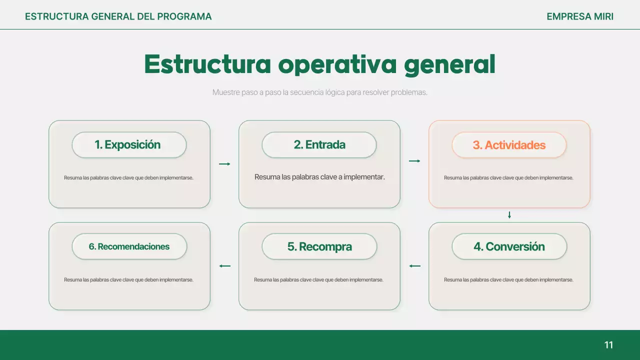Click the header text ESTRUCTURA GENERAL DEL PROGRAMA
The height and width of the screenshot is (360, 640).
[x=118, y=16]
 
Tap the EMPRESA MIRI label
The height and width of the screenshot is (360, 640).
[x=579, y=16]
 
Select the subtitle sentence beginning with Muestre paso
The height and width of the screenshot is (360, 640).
[x=320, y=92]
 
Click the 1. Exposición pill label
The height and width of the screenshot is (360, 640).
[x=129, y=145]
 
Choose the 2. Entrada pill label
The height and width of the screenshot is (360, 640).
[x=319, y=145]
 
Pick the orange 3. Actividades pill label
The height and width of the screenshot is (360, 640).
[x=509, y=145]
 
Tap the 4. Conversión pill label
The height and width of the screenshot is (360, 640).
[x=509, y=246]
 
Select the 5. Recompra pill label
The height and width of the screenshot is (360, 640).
[x=319, y=246]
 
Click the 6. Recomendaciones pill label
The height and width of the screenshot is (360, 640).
[x=129, y=246]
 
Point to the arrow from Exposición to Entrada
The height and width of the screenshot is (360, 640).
[x=224, y=164]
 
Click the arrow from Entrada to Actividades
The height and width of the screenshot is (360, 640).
[x=414, y=161]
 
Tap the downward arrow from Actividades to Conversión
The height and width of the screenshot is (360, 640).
[x=509, y=215]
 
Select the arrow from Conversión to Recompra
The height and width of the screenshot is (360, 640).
[x=414, y=266]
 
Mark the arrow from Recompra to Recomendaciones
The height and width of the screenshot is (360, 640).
[x=224, y=266]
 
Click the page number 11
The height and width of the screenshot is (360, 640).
[x=608, y=345]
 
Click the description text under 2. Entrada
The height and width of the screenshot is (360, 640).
[x=319, y=177]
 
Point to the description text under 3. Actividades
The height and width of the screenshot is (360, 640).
[x=508, y=178]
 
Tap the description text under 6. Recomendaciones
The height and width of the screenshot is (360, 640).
[x=128, y=280]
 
